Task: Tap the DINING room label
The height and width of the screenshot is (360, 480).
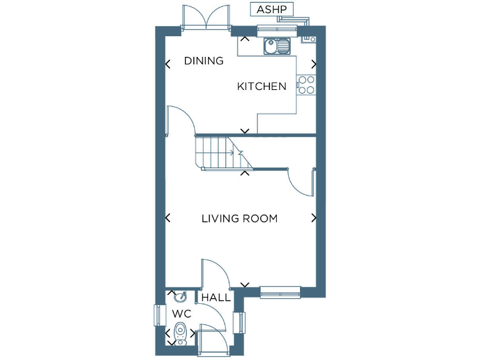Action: [x=204, y=61]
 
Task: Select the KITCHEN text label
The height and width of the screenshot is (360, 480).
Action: [x=261, y=87]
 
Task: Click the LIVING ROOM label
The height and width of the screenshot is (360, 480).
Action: [x=239, y=219]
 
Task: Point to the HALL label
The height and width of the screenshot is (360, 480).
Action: [x=216, y=298]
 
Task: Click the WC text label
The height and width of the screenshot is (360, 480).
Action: [x=181, y=314]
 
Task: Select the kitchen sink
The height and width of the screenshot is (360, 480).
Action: [x=277, y=46]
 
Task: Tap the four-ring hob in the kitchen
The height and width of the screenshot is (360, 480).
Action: [x=306, y=84]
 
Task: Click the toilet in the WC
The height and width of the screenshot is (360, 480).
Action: [x=181, y=332]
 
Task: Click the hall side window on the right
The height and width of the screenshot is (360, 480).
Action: [x=237, y=323]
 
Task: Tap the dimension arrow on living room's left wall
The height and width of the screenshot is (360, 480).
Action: [x=167, y=217]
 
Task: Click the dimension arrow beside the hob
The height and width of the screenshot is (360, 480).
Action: [x=314, y=64]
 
